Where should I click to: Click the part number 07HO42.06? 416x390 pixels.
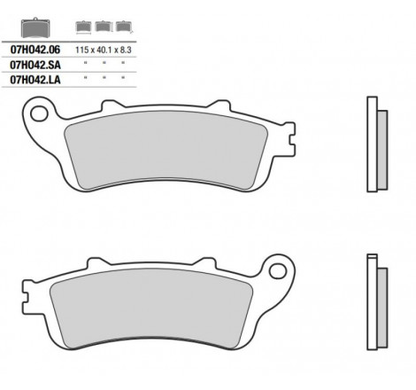point(35,50)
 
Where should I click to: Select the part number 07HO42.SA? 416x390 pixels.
point(35,65)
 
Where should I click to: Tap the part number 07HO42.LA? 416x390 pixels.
point(35,80)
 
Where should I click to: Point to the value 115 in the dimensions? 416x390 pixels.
point(81,50)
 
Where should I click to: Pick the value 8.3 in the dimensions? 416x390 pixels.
point(126,50)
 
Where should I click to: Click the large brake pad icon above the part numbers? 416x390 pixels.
point(35,27)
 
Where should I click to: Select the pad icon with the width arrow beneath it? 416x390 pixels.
point(83,27)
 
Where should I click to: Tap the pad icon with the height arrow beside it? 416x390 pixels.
point(104,27)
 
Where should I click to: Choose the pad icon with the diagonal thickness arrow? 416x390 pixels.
point(124,27)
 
